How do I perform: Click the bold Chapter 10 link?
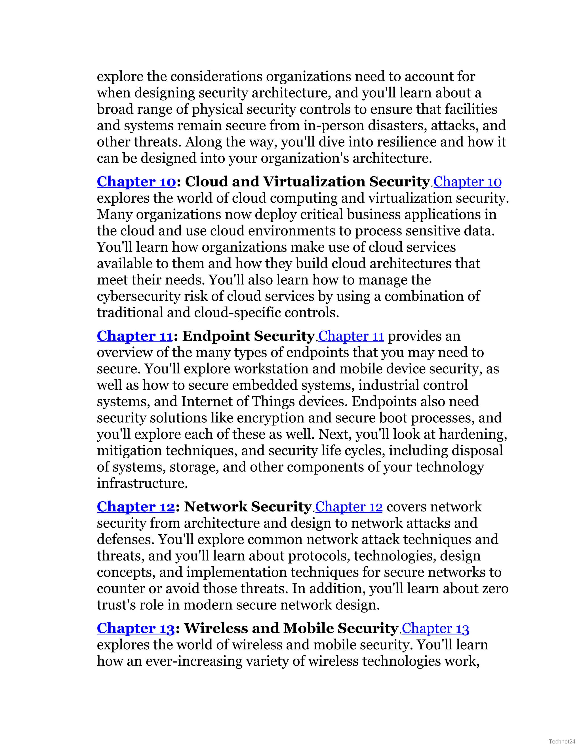(136, 182)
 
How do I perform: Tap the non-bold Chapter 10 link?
(467, 182)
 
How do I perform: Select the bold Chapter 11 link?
(134, 336)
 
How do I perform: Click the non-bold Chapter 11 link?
(351, 336)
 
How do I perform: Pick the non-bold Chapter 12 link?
(349, 507)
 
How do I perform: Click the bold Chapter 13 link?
(136, 628)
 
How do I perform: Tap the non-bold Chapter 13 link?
(435, 628)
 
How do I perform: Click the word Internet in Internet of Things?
(203, 402)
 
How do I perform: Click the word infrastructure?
(142, 483)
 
